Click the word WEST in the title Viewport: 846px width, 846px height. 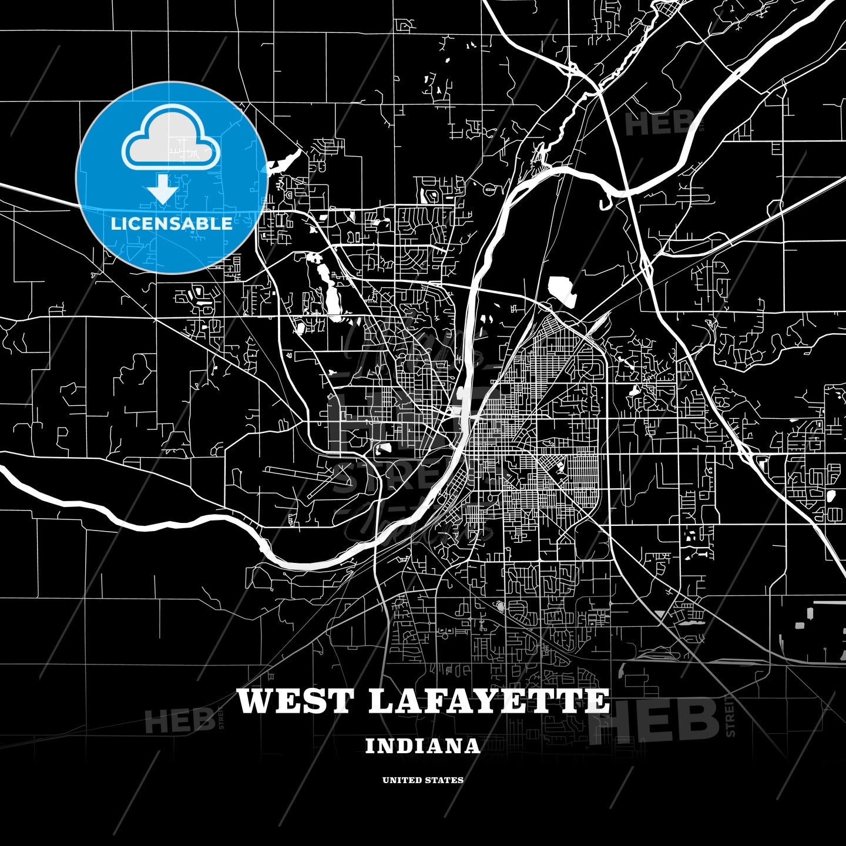(296, 701)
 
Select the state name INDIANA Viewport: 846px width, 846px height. (422, 746)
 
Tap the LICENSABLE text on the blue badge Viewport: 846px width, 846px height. (172, 224)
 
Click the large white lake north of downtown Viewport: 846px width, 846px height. (560, 290)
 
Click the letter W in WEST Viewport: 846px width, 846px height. (254, 701)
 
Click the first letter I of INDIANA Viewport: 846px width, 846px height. (370, 746)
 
